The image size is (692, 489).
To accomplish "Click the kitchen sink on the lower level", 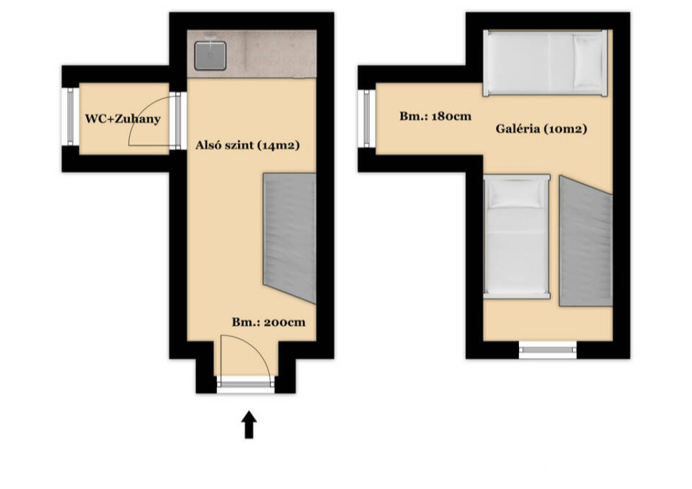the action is coord(211,55).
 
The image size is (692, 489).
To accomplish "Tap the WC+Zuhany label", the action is coord(123,119).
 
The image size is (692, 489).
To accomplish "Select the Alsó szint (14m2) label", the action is coord(247,145).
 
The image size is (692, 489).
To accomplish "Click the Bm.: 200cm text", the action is coord(269,322).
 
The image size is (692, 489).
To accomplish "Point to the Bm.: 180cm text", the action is coord(436,116).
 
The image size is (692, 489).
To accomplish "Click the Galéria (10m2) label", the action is coord(541,129).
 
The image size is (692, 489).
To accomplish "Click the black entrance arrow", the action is coord(249,425).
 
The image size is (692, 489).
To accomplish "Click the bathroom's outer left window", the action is coord(70,116).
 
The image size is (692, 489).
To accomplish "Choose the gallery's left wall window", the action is coord(367,118).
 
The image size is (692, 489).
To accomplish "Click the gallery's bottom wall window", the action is coord(547,350).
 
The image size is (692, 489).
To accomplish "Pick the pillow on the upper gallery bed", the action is coord(588,61).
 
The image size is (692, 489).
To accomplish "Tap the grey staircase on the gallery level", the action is coord(586,241).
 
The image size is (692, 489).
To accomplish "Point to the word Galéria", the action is coord(518,129).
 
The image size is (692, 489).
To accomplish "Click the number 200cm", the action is coord(285,322).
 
